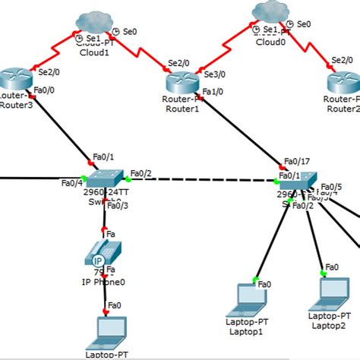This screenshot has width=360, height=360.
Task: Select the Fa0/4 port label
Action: pyautogui.click(x=71, y=182)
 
